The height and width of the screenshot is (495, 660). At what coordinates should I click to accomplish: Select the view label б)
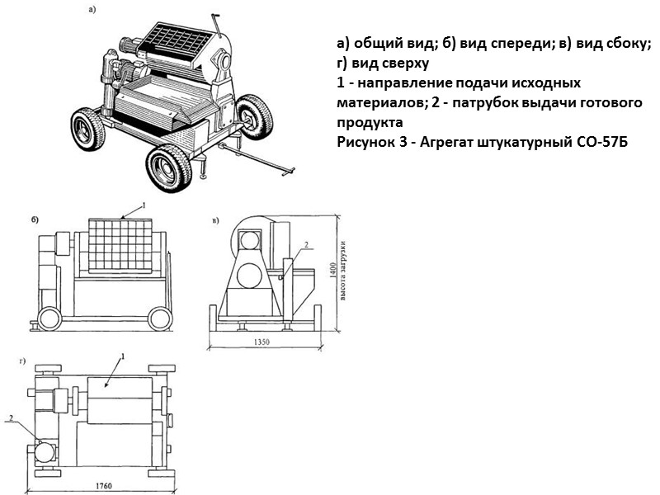click(35, 220)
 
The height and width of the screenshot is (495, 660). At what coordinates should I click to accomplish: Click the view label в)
click(215, 220)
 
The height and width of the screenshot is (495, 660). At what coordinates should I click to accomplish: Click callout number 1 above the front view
click(143, 204)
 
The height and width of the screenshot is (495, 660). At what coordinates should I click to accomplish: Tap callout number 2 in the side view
click(304, 245)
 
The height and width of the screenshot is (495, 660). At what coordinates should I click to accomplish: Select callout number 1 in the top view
click(123, 356)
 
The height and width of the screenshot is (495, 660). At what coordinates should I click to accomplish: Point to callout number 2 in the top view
click(12, 418)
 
